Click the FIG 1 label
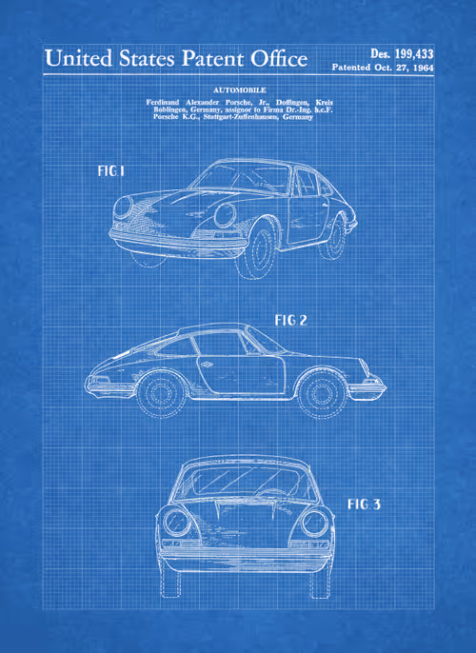click(110, 170)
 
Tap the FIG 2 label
click(290, 320)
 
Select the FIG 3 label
click(364, 505)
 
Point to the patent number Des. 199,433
click(402, 53)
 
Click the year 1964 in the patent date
click(423, 68)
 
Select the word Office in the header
click(279, 58)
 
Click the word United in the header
click(79, 58)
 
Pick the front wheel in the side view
click(320, 393)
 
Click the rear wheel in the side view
click(160, 393)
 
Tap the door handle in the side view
click(207, 365)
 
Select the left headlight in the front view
click(176, 522)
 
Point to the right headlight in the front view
click(314, 523)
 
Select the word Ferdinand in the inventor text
click(163, 102)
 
